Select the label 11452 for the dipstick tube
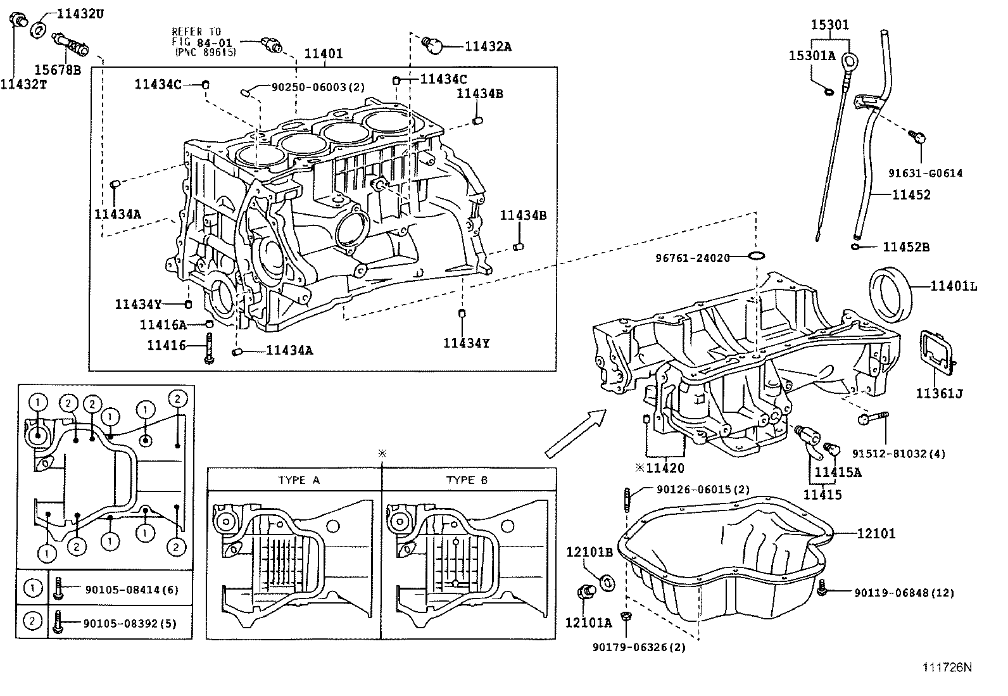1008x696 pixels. point(911,195)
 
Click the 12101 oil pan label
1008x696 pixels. point(876,534)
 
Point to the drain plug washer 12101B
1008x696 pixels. point(605,581)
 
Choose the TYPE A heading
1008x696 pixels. point(299,480)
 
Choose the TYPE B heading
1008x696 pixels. point(467,480)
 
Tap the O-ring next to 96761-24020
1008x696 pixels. point(756,256)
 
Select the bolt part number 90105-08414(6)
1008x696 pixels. point(132,590)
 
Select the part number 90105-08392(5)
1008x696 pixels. point(130,624)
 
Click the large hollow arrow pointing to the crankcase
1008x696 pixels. point(576,433)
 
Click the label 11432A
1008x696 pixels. point(488,46)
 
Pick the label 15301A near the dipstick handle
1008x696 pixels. point(812,56)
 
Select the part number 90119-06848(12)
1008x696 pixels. point(904,593)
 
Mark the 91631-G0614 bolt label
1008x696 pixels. point(925,173)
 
